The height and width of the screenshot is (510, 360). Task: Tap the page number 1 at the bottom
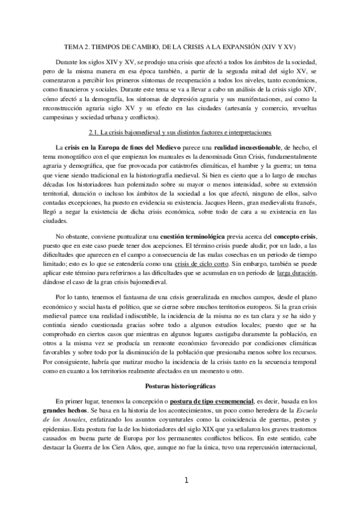186,480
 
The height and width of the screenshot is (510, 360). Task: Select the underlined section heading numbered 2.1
180,131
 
